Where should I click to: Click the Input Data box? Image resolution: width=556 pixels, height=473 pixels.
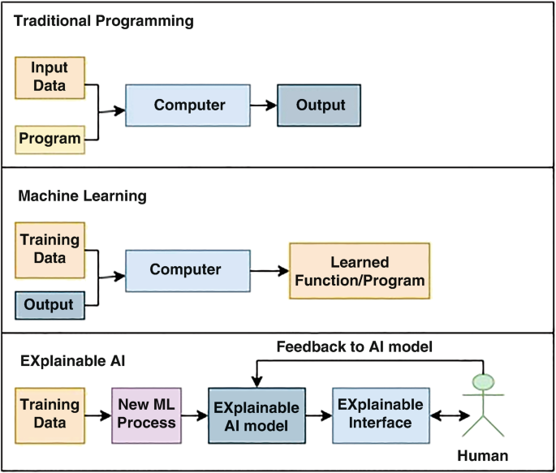pos(50,78)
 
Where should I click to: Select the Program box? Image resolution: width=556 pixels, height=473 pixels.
pos(50,139)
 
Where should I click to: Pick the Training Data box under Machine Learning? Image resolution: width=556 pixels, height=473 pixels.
pos(50,249)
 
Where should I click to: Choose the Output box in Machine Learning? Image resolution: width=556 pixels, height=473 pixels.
pos(50,306)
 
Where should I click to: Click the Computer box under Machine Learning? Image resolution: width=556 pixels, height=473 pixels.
pos(186,270)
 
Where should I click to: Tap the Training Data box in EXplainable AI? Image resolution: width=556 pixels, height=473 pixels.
pos(50,413)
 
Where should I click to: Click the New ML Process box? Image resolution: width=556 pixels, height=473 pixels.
pos(146,413)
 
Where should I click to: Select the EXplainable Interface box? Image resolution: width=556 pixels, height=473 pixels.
pos(380,414)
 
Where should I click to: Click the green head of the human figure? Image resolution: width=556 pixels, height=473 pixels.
pos(484,381)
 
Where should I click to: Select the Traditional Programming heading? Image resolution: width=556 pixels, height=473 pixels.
pos(104,21)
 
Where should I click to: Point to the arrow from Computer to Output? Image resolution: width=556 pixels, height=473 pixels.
pos(262,105)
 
